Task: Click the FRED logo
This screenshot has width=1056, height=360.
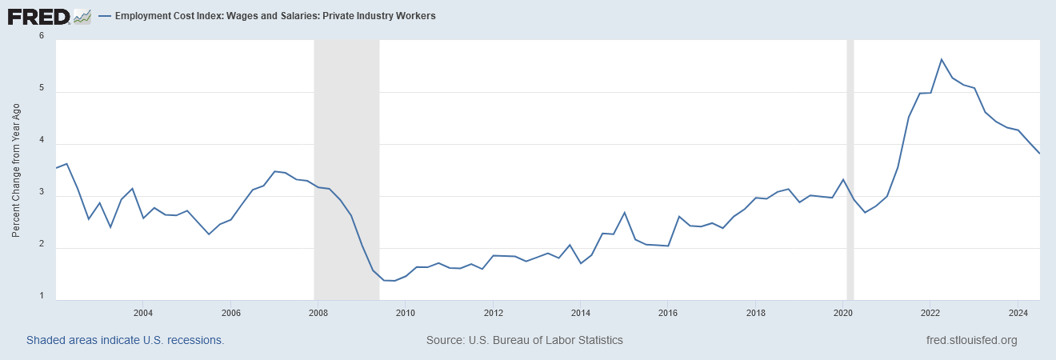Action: (x=38, y=16)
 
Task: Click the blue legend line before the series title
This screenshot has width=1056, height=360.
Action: (x=106, y=16)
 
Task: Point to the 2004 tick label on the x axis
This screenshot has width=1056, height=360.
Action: (x=142, y=312)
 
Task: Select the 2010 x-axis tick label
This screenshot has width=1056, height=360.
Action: (x=405, y=312)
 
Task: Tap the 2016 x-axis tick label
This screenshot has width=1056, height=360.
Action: (x=667, y=312)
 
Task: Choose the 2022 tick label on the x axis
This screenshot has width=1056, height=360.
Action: (x=930, y=312)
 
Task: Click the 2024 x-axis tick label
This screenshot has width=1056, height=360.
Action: (x=1018, y=312)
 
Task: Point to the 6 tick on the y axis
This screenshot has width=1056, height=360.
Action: (x=41, y=36)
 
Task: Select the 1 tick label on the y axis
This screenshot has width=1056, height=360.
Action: (x=41, y=297)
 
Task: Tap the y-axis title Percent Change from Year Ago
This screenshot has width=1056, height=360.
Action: (x=16, y=170)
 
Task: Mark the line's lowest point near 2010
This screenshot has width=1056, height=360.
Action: (x=394, y=281)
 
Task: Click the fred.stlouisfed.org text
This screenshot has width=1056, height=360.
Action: (x=970, y=340)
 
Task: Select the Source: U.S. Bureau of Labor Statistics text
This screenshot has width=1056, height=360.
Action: (x=525, y=340)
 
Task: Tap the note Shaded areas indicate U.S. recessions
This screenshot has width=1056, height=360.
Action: (x=125, y=340)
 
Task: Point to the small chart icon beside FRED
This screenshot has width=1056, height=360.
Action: (x=82, y=16)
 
